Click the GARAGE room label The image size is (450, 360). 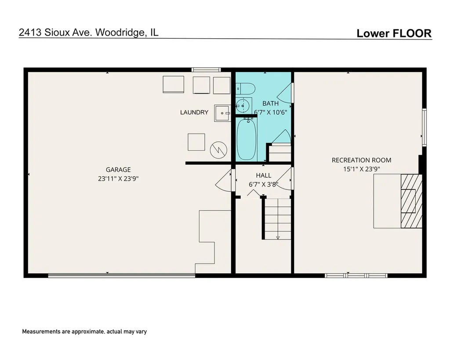point(118,170)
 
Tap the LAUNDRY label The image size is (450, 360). point(194,112)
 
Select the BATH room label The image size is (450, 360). point(270,103)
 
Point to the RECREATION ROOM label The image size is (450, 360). point(361,160)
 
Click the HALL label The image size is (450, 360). point(264,175)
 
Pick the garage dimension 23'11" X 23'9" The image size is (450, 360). point(118,178)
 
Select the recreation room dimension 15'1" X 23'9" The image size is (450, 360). point(362,169)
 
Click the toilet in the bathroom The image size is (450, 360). point(246,89)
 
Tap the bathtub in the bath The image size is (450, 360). point(246,139)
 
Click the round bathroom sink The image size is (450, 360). point(243,105)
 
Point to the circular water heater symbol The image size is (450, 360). point(219,150)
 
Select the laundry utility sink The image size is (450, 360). point(222,113)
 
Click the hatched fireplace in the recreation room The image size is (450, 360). point(411,201)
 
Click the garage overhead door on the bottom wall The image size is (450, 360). point(122,276)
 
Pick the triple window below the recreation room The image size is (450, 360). point(356,276)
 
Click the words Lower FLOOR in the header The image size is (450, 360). point(394,33)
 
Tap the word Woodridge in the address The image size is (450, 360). point(120,32)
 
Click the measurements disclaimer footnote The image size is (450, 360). point(84,331)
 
